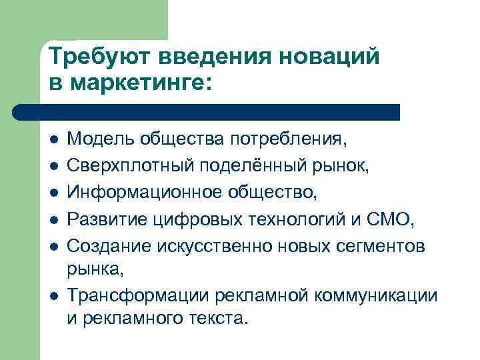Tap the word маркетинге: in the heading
click(x=137, y=84)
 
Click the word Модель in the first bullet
click(x=99, y=140)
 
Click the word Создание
click(x=109, y=245)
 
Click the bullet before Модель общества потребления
click(x=53, y=141)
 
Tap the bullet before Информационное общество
click(x=53, y=193)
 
